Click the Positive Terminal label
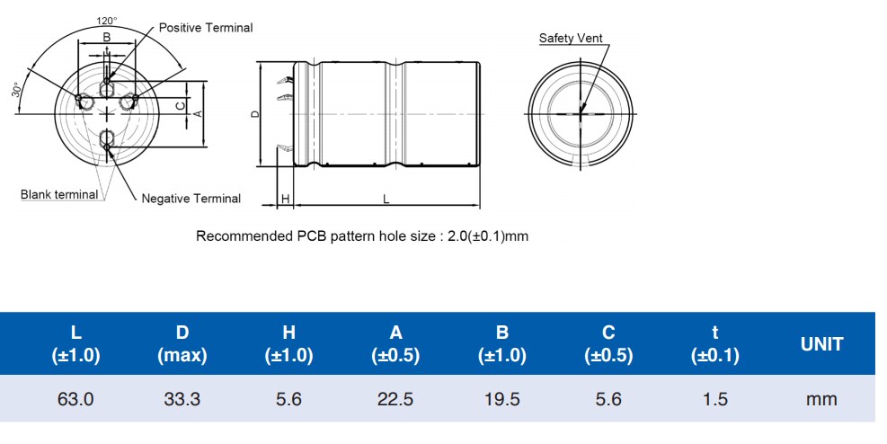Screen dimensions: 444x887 coord(205,29)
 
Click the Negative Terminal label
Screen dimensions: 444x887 coord(191,199)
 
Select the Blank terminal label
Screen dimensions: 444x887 coord(59,195)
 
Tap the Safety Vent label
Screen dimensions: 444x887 coord(571,39)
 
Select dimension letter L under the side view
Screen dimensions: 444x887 coord(386,199)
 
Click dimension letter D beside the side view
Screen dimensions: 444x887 coord(255,114)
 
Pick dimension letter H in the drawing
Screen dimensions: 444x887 coord(285,199)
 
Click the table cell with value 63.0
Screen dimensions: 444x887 coord(75,399)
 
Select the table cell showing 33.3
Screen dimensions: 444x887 coord(182,399)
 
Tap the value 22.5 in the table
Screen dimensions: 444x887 coord(395,399)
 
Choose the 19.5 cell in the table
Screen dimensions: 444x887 coord(501,399)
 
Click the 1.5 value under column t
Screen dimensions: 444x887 coord(715,399)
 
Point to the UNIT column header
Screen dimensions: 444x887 coord(821,344)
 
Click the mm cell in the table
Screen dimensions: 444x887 coord(821,399)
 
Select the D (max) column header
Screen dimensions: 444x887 coord(182,344)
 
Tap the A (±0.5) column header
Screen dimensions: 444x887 coord(395,344)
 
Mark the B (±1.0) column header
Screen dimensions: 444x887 coord(501,344)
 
